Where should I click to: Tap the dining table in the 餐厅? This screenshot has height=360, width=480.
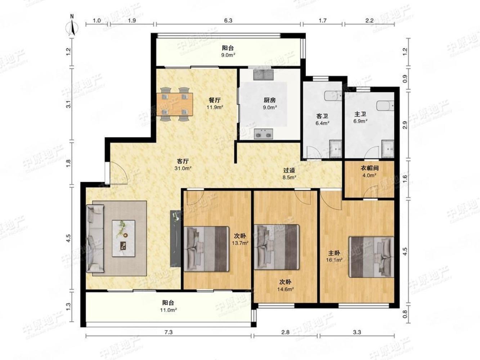click(175, 104)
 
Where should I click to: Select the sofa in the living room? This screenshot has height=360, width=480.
click(95, 238)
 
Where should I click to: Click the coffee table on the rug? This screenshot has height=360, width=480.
click(124, 238)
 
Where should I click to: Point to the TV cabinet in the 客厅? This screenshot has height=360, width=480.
click(175, 238)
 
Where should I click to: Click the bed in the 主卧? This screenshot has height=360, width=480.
click(371, 257)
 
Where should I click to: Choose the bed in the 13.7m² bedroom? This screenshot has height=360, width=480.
click(206, 249)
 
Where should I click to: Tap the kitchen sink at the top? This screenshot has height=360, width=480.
click(264, 75)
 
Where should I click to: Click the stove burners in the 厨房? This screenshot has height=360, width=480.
click(263, 134)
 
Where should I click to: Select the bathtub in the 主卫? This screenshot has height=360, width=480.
click(385, 106)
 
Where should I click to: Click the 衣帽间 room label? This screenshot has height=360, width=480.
click(369, 168)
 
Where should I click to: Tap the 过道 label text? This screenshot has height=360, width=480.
click(289, 170)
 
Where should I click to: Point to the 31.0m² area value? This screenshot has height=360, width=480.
click(183, 168)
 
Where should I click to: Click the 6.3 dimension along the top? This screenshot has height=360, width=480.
click(228, 21)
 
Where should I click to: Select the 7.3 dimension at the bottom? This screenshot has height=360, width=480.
click(169, 332)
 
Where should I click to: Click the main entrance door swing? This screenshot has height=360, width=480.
click(118, 173)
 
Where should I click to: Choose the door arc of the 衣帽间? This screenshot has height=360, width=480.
click(372, 190)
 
